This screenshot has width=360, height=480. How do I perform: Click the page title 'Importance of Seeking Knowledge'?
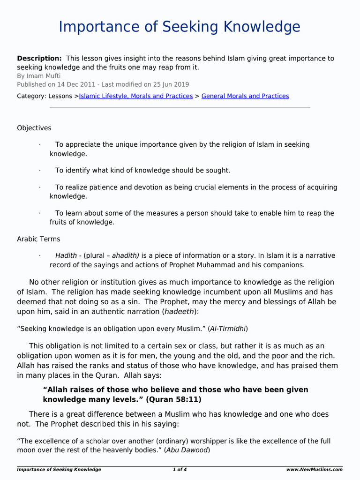180,27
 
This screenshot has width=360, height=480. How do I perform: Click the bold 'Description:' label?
39,59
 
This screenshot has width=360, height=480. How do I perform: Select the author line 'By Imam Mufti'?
39,76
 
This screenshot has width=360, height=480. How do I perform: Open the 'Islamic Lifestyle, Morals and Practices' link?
136,96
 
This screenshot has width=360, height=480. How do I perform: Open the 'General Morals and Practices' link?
245,96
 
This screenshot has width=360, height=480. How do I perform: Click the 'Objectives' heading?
34,128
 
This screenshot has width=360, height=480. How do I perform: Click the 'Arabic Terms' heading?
38,239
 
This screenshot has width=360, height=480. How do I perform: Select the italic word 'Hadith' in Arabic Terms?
66,256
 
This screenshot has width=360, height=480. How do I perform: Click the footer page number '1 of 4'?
180,469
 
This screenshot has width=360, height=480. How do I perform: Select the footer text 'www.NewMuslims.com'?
314,469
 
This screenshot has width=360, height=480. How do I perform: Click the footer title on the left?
59,469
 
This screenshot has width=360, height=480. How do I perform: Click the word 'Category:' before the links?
31,96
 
